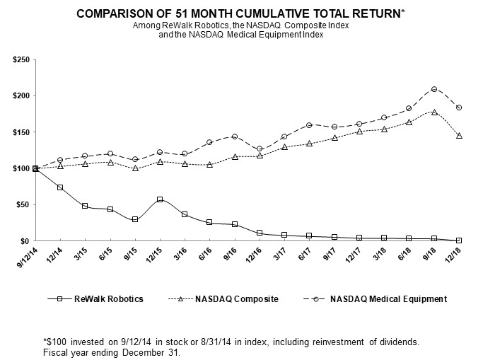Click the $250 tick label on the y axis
tap(21, 59)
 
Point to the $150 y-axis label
tap(21, 132)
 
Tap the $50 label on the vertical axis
tap(23, 205)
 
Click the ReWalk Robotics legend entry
tap(95, 299)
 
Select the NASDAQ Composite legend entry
tap(223, 299)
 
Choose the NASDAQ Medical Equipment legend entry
tap(376, 299)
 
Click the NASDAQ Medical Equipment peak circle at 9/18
tap(434, 89)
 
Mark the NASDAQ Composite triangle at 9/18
tap(434, 112)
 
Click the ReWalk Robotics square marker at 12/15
tap(160, 199)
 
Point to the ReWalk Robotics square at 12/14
tap(60, 187)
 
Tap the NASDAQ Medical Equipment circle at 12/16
tap(260, 149)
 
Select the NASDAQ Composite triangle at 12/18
tap(459, 136)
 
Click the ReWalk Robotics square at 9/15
tap(135, 219)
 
